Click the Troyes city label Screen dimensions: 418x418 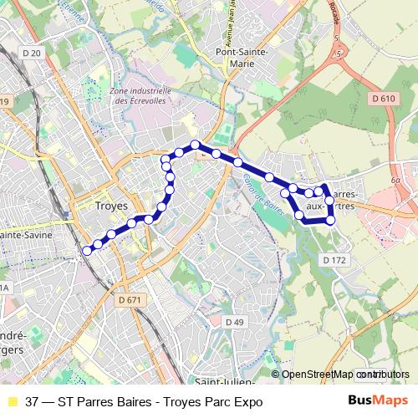coord(111,204)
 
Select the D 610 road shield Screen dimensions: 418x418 coord(381,99)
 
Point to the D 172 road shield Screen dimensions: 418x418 coord(334,261)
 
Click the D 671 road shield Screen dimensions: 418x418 coord(130,299)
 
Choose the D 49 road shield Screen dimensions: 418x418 coord(234,322)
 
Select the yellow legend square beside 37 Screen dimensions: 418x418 coord(11,401)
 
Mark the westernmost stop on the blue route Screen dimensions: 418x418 coord(87,249)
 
